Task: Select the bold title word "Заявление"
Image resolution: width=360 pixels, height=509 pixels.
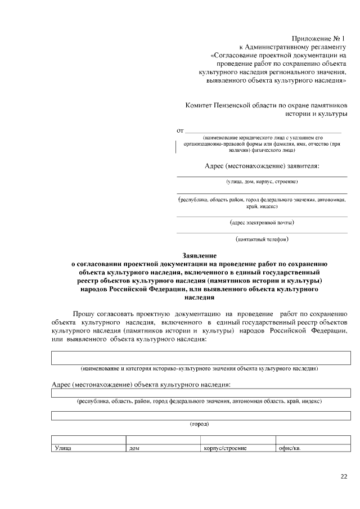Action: click(200, 256)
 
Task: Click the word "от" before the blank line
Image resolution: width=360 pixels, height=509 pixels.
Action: click(181, 130)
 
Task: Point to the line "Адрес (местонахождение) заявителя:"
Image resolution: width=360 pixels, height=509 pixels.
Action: click(262, 166)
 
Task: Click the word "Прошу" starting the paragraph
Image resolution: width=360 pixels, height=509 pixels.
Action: click(83, 313)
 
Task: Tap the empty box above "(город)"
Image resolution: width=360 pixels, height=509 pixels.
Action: click(201, 416)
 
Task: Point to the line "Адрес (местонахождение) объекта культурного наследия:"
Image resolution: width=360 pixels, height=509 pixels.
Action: click(141, 384)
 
